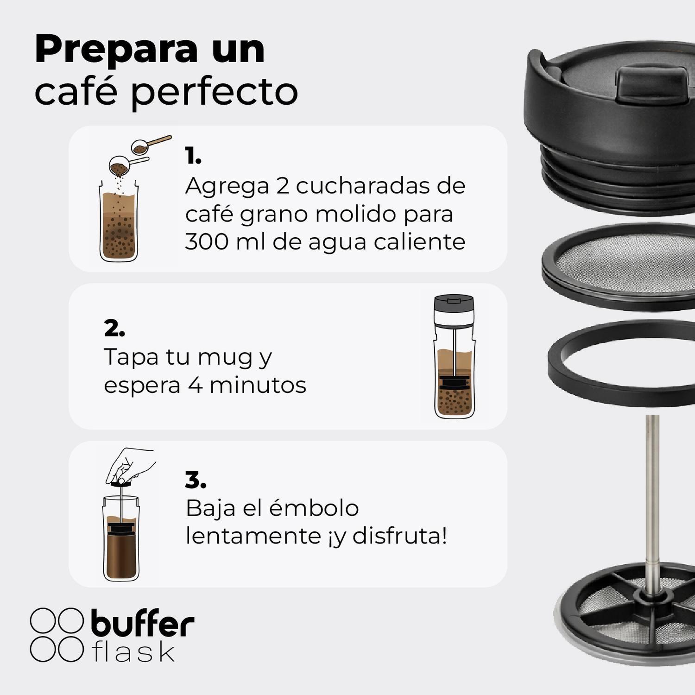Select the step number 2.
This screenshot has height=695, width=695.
(114, 328)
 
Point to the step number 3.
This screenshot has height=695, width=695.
(195, 480)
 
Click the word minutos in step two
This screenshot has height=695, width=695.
(258, 385)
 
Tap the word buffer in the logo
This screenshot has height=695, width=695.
(142, 624)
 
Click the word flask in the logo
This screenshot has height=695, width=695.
(133, 652)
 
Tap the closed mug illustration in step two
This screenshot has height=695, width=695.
(455, 357)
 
